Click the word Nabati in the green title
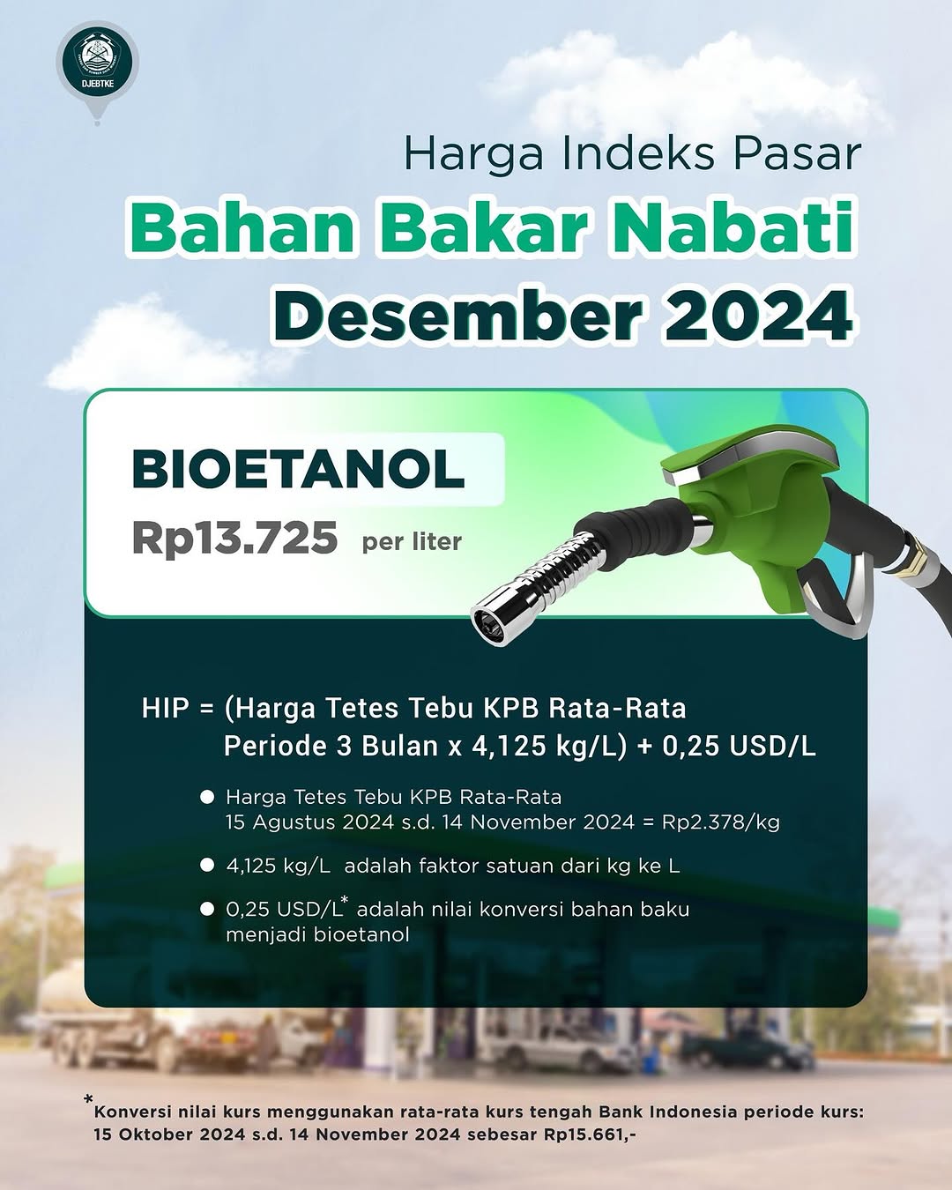734,227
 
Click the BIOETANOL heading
298,468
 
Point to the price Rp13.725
234,538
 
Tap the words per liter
412,541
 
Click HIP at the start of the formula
165,709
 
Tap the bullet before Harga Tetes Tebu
207,797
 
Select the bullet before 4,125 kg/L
207,866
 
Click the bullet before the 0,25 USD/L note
207,909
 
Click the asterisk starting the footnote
88,1099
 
